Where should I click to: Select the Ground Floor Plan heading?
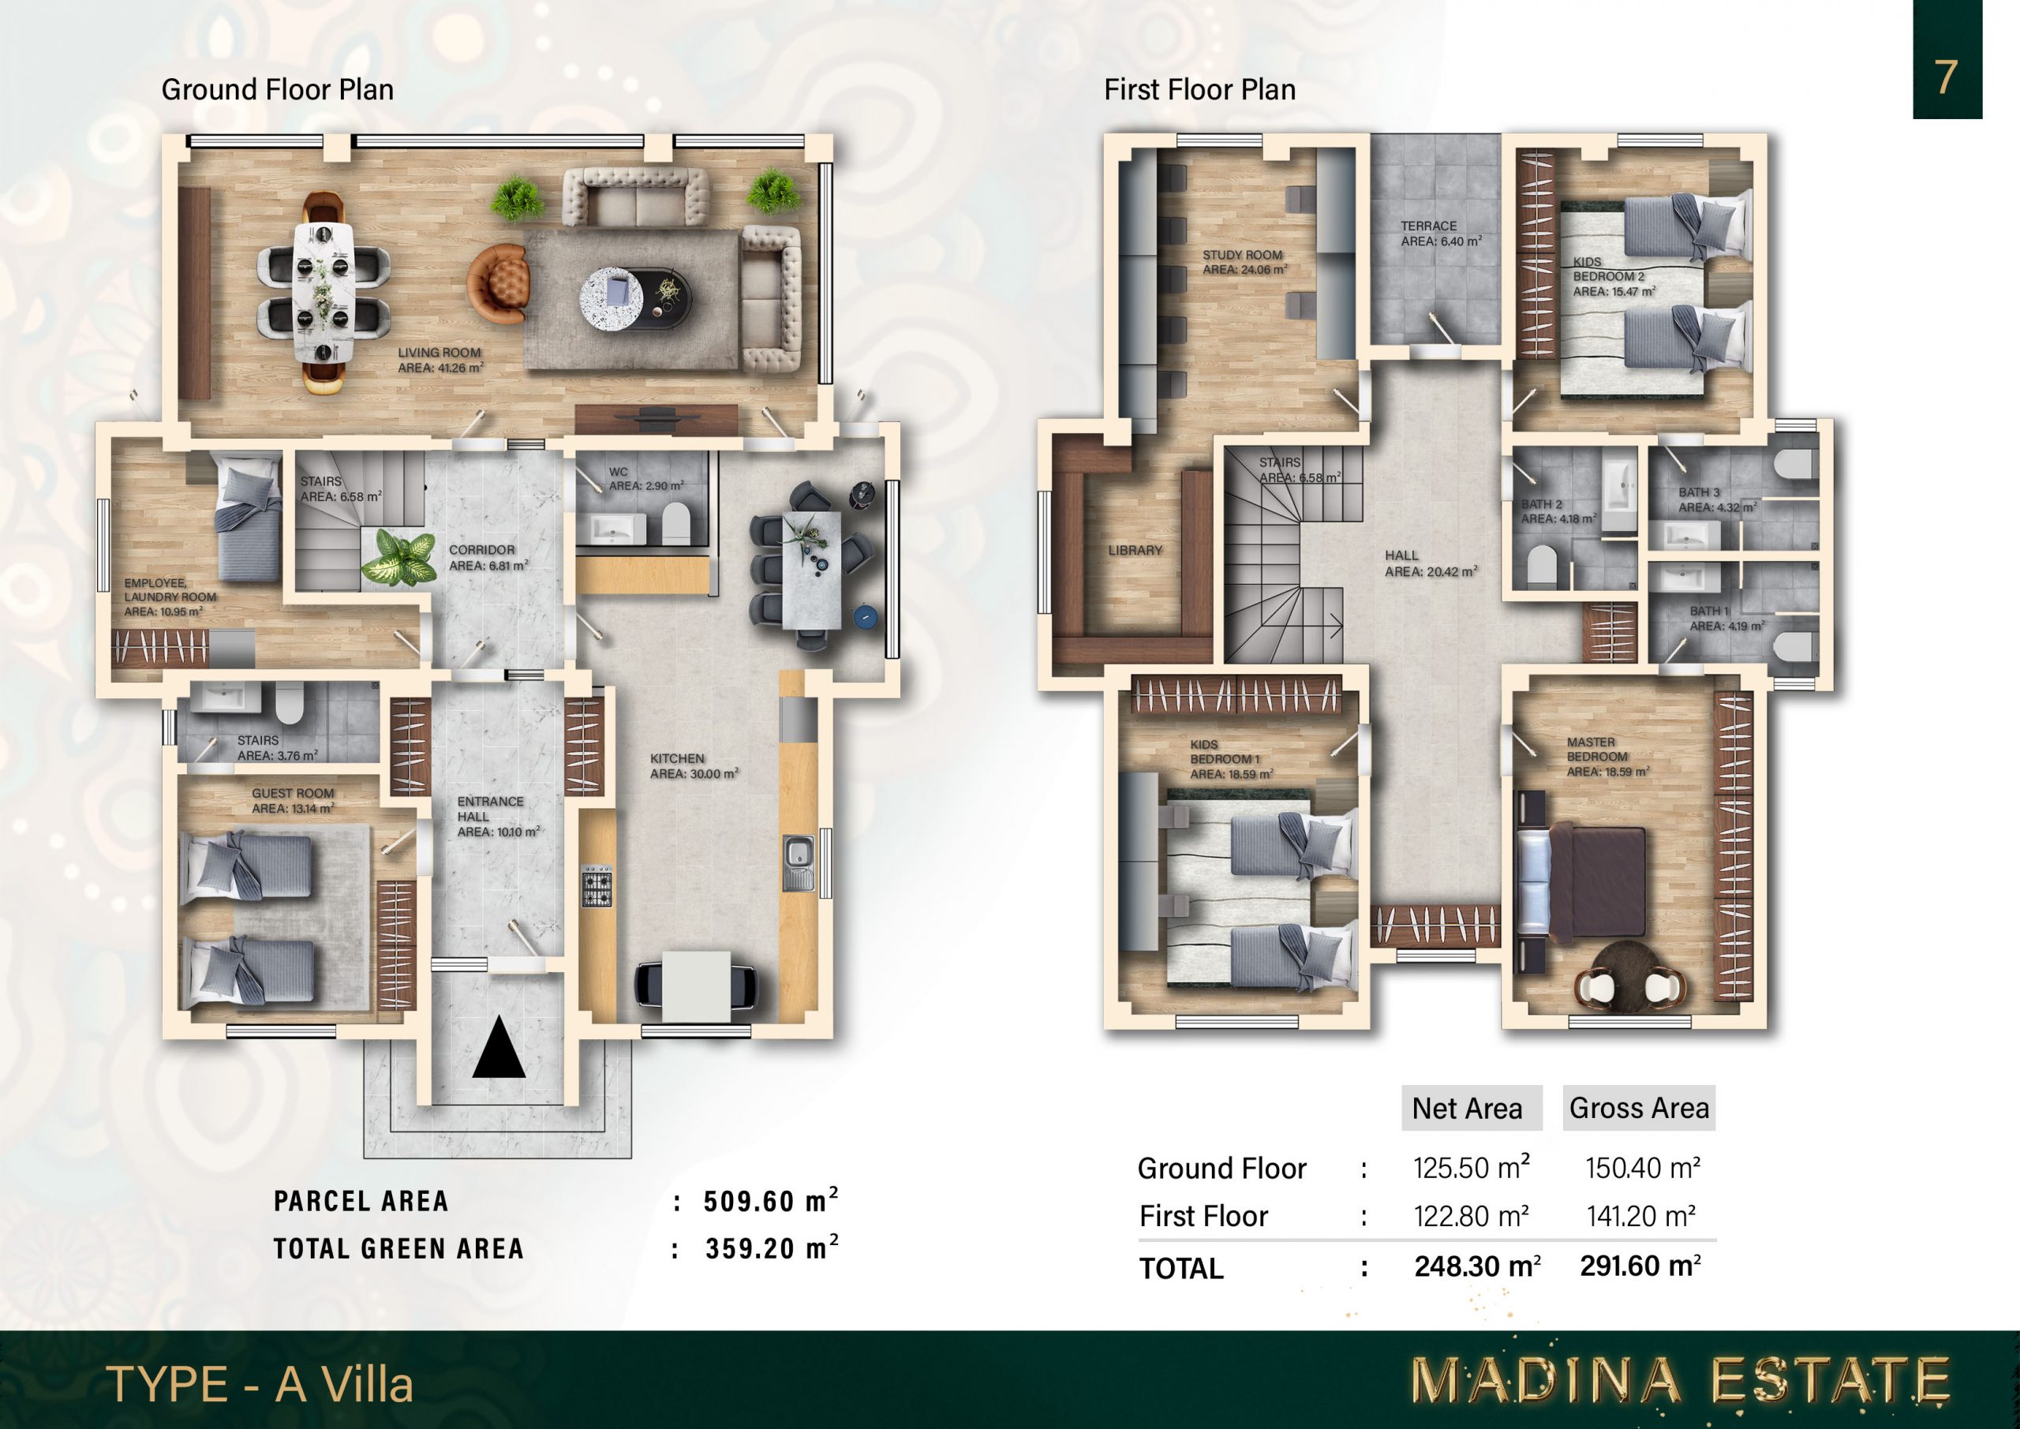click(277, 90)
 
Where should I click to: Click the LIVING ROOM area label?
click(440, 360)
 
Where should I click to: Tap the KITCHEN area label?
click(694, 765)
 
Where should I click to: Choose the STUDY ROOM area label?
click(1245, 262)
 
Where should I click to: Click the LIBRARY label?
click(1135, 550)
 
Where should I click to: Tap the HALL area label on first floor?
click(1431, 563)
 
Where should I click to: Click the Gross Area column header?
click(1639, 1108)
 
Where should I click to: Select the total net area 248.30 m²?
click(1477, 1266)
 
